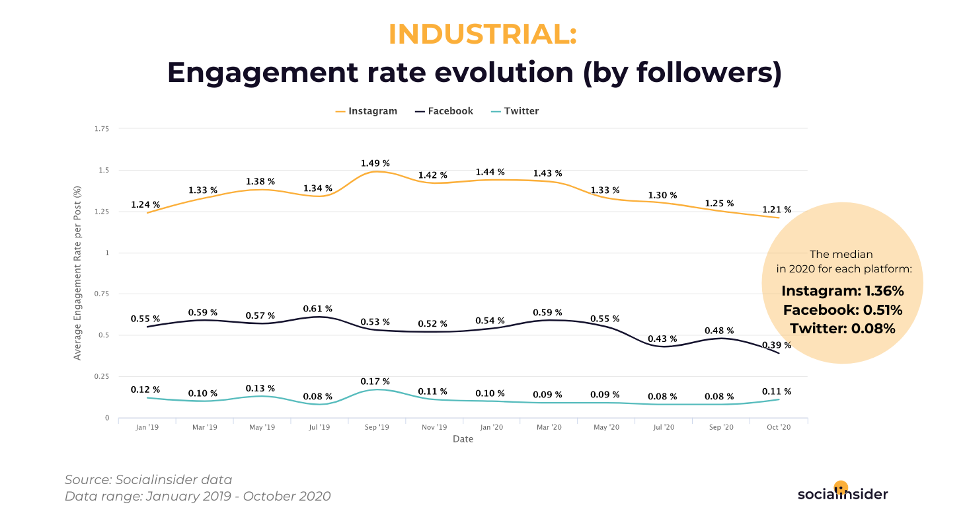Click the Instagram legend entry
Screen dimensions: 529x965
coord(367,111)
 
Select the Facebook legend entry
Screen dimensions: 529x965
coord(444,111)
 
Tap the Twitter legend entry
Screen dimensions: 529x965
coord(515,111)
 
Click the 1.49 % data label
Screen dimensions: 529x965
coord(375,163)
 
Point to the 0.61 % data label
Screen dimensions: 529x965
coord(318,309)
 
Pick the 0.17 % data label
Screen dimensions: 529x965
coord(375,382)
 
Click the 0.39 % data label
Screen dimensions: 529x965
coord(777,345)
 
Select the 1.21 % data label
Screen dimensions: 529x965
coord(777,210)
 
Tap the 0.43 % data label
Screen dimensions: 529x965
coord(662,339)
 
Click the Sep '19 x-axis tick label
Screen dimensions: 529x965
coord(376,428)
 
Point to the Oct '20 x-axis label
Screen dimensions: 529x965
coord(778,428)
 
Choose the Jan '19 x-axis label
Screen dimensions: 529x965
coord(147,428)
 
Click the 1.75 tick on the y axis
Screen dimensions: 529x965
coord(101,129)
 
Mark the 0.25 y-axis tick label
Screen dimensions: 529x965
coord(101,377)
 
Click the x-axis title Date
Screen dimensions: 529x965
coord(463,440)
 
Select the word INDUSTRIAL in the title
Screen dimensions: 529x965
coord(482,34)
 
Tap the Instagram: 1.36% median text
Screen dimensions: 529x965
coord(842,291)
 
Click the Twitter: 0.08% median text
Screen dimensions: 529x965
coord(842,328)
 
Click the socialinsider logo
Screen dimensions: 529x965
coord(842,493)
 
